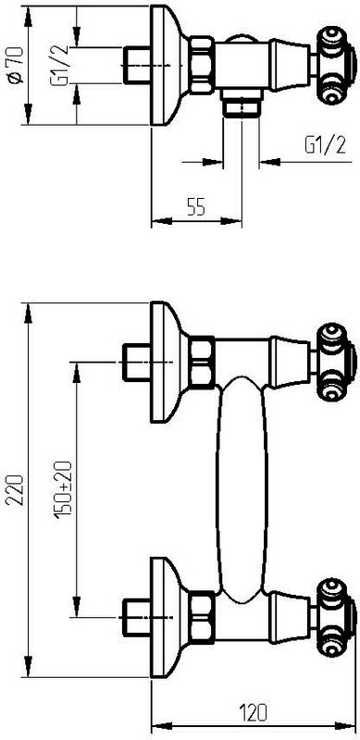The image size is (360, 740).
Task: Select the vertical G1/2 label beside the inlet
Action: [60, 64]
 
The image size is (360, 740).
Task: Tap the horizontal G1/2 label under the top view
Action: [326, 145]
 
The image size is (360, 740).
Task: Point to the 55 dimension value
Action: [196, 207]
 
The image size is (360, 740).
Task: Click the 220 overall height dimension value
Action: [16, 490]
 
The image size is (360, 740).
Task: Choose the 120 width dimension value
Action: [253, 712]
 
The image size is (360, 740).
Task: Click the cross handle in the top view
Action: [336, 66]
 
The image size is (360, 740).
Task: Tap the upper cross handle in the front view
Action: [336, 362]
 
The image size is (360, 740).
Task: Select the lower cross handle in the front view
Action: [336, 617]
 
